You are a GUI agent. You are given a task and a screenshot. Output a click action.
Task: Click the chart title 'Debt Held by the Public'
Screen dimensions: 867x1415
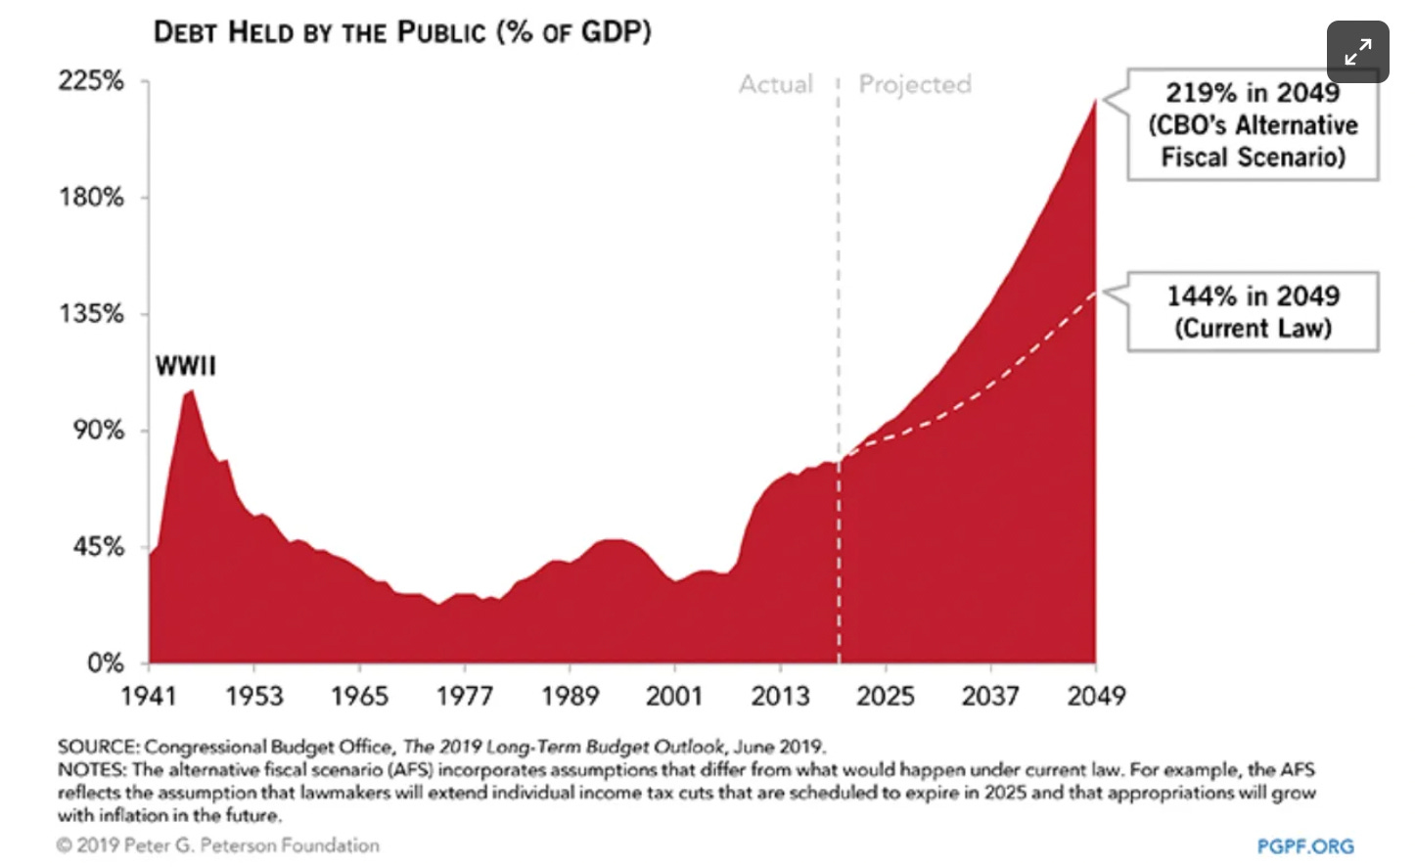coord(402,32)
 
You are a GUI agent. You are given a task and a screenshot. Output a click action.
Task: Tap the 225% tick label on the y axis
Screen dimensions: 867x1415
coord(91,80)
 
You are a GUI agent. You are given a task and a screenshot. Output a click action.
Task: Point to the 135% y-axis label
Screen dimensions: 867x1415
coord(91,314)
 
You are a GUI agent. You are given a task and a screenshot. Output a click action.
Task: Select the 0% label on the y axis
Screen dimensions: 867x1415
coord(105,663)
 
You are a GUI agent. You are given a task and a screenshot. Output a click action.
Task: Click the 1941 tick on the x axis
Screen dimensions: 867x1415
coord(149,696)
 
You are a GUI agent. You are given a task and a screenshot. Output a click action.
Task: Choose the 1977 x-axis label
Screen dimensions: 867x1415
coord(465,696)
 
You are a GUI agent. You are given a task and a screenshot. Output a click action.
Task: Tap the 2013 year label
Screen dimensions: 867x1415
coord(780,696)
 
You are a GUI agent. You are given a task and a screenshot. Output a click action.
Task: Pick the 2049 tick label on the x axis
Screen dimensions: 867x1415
coord(1096,696)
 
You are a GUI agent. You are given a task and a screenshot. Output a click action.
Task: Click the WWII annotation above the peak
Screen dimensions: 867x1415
coord(185,366)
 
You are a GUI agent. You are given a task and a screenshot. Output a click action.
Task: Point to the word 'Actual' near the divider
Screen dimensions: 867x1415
coord(776,85)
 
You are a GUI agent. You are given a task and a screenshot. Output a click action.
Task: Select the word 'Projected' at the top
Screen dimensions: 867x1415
coord(915,85)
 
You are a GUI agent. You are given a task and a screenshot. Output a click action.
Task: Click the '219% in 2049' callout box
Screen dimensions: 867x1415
coord(1253,124)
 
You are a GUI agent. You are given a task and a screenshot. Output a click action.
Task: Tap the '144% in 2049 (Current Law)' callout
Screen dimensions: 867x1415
coord(1253,311)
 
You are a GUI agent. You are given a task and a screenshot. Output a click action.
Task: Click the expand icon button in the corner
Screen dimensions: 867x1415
coord(1357,52)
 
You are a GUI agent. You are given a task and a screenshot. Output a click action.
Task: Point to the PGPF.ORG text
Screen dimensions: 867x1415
coord(1305,845)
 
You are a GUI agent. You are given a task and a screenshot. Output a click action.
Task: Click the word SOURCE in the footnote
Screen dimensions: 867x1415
coord(98,747)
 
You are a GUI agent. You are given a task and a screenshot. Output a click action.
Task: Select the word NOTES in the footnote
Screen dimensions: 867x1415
coord(92,770)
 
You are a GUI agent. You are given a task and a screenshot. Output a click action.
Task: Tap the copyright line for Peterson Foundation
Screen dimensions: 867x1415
coord(218,845)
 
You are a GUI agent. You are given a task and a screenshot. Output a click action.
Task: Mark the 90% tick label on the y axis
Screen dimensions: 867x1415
coord(98,431)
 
